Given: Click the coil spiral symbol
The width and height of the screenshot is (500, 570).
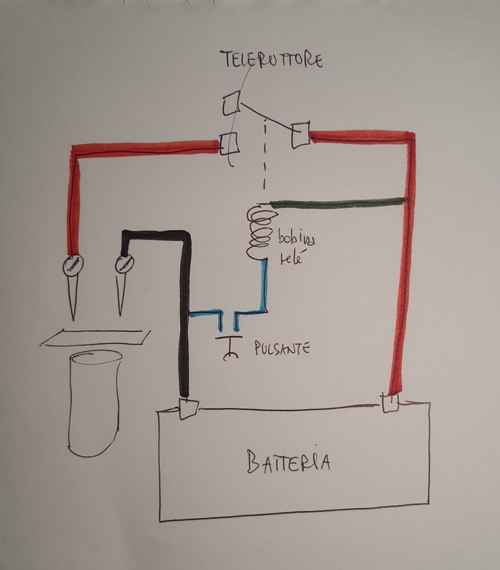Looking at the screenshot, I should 259,232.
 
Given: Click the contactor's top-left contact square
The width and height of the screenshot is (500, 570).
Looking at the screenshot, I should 230,105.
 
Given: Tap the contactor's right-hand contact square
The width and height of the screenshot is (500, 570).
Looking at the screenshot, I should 298,134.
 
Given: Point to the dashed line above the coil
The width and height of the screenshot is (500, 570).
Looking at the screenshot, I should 265,157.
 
